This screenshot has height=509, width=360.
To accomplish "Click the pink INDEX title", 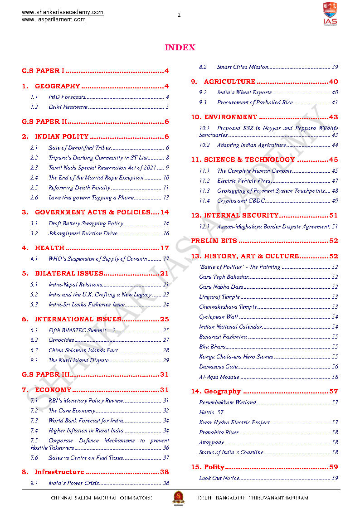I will [180, 48].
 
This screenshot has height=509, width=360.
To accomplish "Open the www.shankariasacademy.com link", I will [63, 12].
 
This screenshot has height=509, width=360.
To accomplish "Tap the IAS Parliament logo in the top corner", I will [330, 14].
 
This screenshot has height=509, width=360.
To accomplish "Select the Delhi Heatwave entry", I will [68, 107].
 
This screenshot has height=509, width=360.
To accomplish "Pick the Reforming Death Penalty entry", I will [79, 188].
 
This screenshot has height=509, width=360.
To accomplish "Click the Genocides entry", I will [61, 340].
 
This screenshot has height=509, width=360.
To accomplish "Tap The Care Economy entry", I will [72, 411].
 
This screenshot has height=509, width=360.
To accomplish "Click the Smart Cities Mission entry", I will [243, 67].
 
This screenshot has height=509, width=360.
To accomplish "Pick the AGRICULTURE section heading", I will [229, 82].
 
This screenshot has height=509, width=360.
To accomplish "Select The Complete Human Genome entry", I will [254, 171].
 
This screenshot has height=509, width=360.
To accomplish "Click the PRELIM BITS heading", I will [214, 241].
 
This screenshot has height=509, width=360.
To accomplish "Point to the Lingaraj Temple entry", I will [219, 297].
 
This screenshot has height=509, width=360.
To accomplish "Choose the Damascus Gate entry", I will [218, 367].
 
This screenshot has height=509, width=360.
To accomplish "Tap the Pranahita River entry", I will [219, 432].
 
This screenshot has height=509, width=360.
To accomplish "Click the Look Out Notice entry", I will [219, 478].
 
